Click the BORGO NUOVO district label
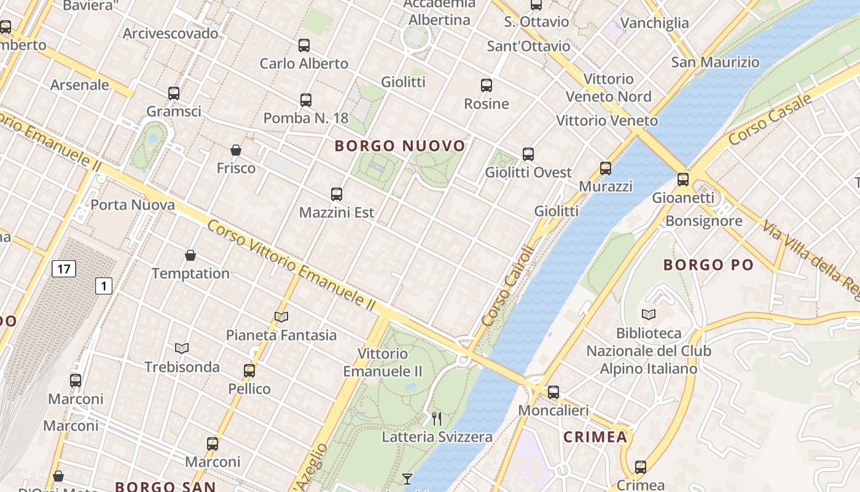(x=400, y=146)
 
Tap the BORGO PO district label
(x=708, y=265)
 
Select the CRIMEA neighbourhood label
(x=595, y=437)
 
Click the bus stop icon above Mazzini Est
(x=336, y=194)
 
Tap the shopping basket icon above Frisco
(x=235, y=150)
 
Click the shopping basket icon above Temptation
(x=190, y=255)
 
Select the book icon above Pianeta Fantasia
(x=281, y=317)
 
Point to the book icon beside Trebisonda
(x=182, y=349)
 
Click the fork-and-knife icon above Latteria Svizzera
(x=437, y=419)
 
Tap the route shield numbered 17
(x=64, y=269)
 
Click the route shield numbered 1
(x=104, y=285)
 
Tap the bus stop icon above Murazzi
(x=606, y=168)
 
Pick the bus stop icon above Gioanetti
(x=683, y=180)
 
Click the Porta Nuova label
(x=133, y=205)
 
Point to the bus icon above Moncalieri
(x=553, y=392)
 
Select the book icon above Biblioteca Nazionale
(x=648, y=315)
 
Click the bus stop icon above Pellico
(x=249, y=371)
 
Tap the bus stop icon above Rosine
(x=487, y=85)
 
